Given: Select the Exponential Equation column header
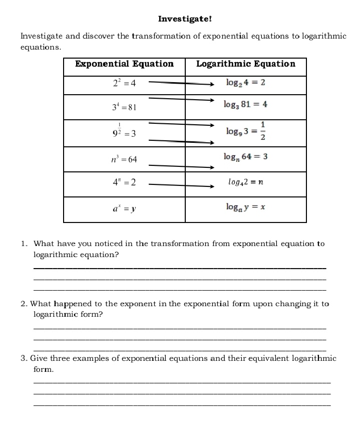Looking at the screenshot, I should click(x=124, y=64).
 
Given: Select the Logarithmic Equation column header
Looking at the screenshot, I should click(x=245, y=64).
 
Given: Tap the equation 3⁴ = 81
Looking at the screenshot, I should click(x=124, y=107).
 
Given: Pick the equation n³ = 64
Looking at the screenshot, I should click(x=124, y=159).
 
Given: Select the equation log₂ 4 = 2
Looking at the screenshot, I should click(x=245, y=83).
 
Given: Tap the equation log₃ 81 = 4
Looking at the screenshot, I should click(x=246, y=105).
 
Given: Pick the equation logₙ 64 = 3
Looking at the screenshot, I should click(x=246, y=157).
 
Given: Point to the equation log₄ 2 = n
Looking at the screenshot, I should click(x=245, y=182).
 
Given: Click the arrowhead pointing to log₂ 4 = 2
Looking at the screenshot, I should click(x=211, y=85).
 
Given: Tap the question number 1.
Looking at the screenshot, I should click(x=24, y=244).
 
